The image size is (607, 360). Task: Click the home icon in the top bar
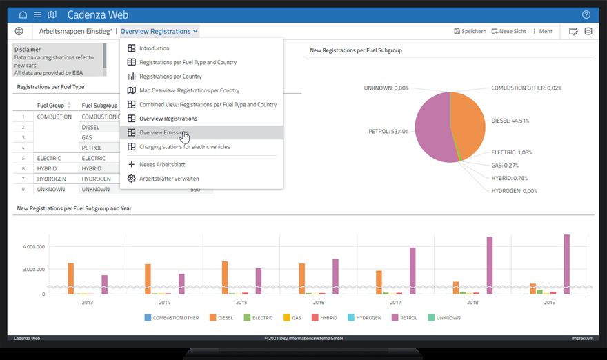(x=23, y=14)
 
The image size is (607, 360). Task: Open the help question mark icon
(x=586, y=14)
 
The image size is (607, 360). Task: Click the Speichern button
(x=470, y=31)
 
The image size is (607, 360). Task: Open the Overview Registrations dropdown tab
(x=159, y=31)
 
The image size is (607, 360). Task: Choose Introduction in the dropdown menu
(x=154, y=48)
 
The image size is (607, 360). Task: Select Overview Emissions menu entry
(x=163, y=132)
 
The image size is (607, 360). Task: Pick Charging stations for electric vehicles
(x=184, y=146)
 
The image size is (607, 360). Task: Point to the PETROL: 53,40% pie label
(x=388, y=131)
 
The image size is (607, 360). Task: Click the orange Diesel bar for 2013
(x=71, y=277)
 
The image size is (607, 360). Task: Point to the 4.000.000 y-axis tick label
(x=34, y=246)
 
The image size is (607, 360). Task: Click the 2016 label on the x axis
(x=318, y=302)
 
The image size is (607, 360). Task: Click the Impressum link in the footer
(x=582, y=338)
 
